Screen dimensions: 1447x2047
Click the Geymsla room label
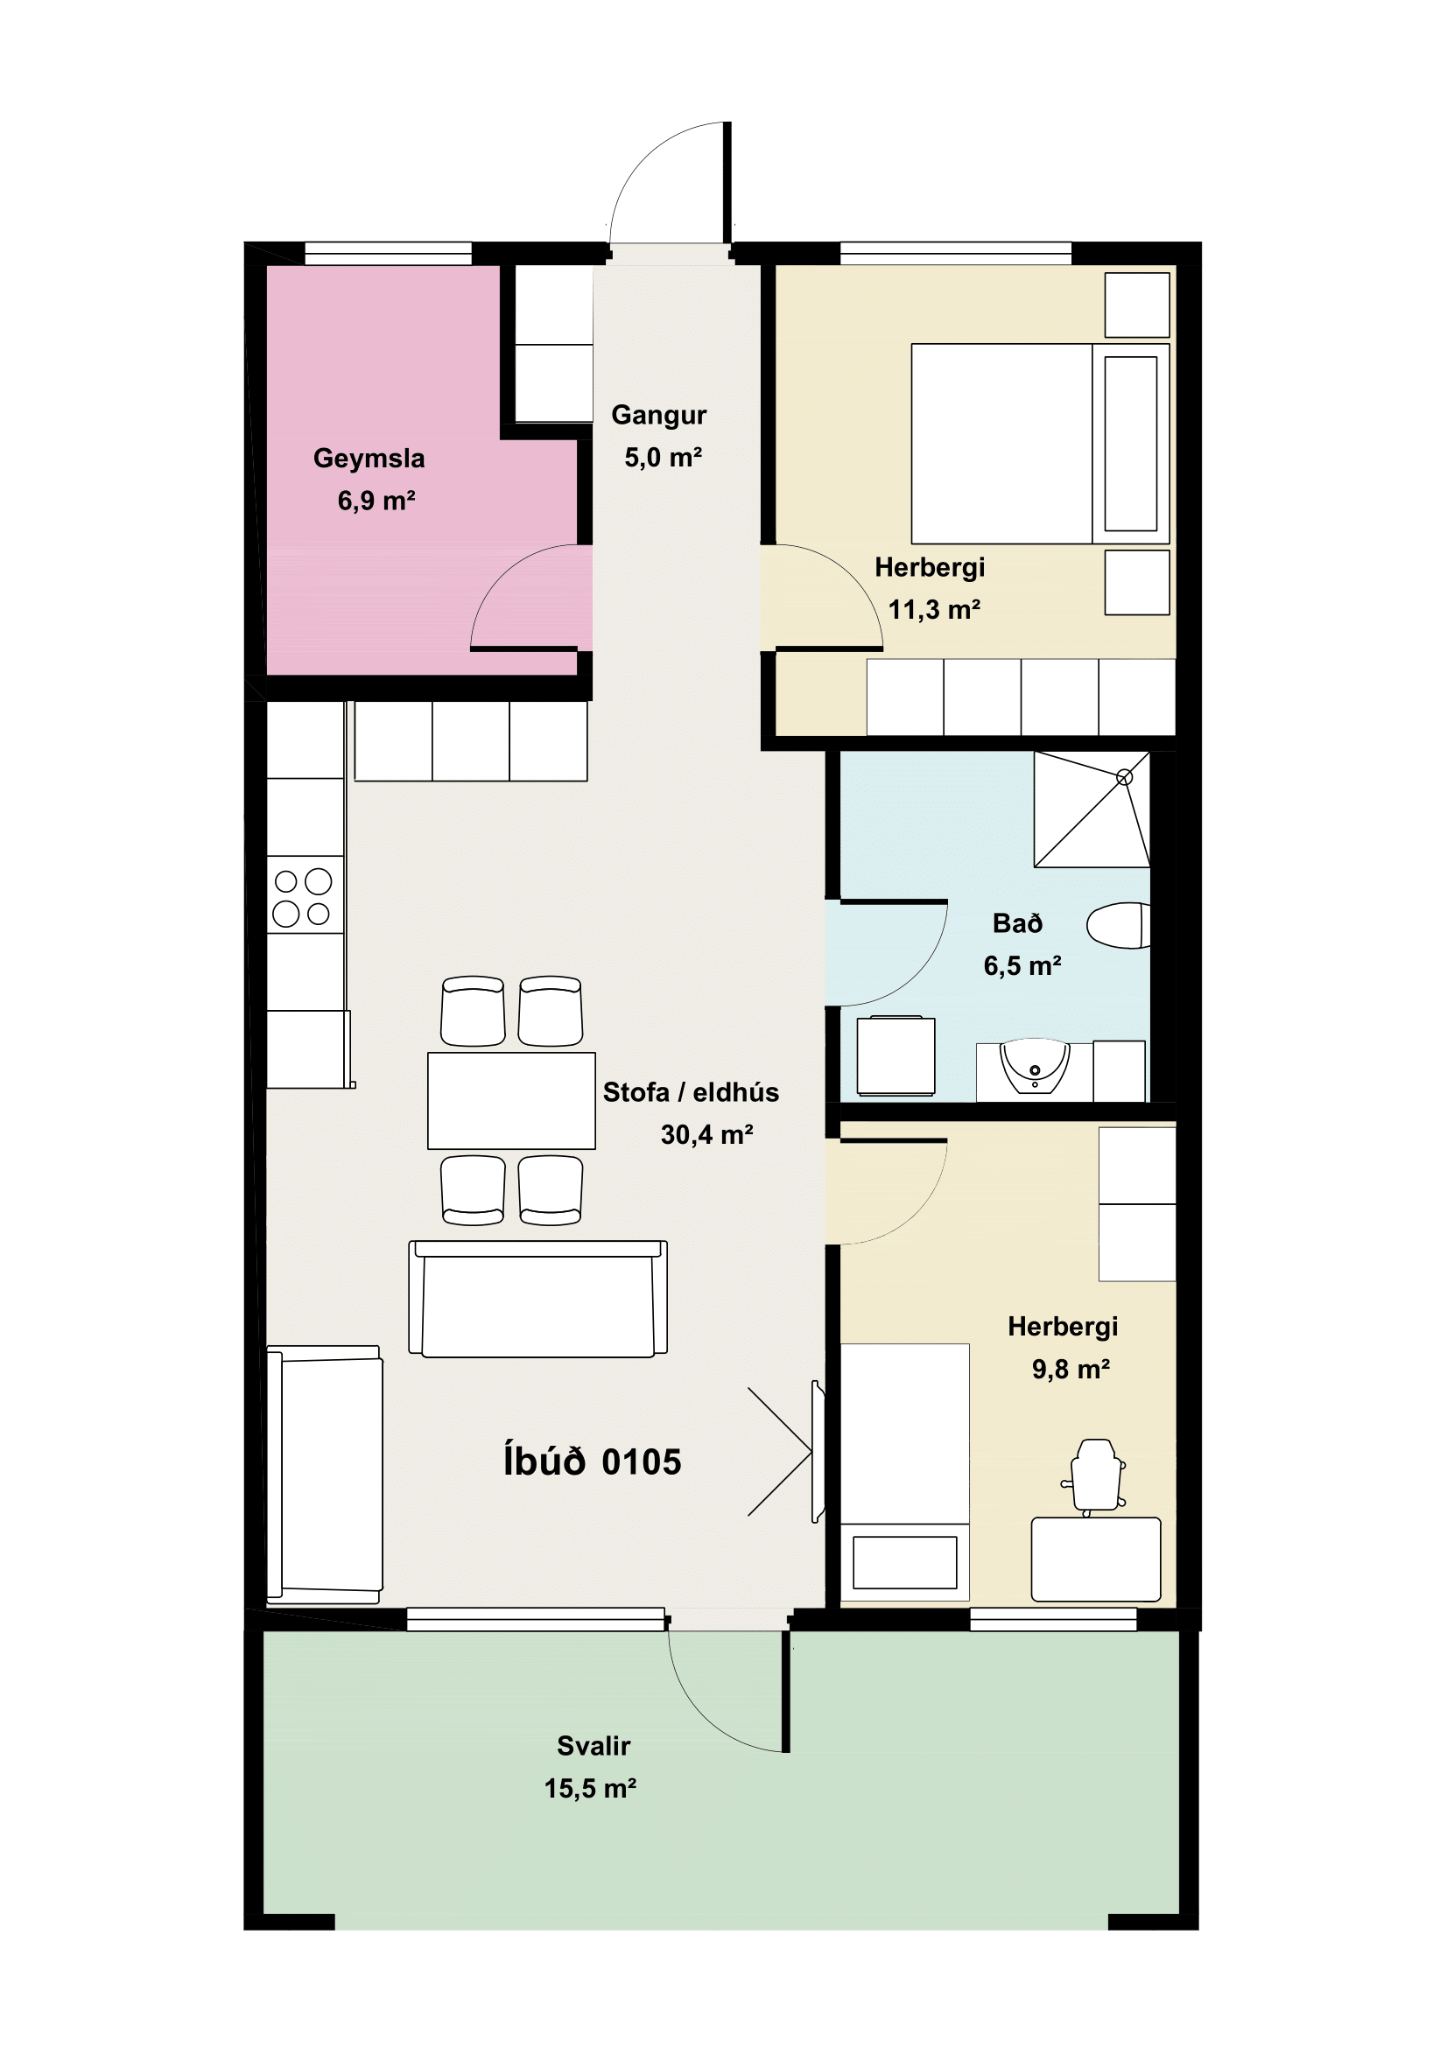click(369, 459)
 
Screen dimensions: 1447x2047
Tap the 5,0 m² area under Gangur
click(663, 458)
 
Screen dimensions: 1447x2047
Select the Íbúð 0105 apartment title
click(592, 1463)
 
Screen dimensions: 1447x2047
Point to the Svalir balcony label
click(593, 1746)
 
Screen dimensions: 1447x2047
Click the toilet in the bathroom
click(1118, 925)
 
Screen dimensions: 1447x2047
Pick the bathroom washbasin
click(1034, 1066)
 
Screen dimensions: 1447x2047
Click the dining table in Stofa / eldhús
click(511, 1100)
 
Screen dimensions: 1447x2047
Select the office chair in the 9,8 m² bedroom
click(1095, 1476)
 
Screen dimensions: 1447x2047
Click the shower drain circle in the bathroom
click(1124, 777)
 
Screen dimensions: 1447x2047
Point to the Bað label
click(1017, 923)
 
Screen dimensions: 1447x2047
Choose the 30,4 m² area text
click(706, 1135)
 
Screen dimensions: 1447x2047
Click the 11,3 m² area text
click(933, 610)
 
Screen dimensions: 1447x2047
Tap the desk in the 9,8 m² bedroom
click(1096, 1560)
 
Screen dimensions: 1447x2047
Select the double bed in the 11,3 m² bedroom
click(1040, 444)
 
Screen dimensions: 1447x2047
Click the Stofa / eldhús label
click(690, 1092)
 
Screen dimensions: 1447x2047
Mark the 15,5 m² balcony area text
click(590, 1789)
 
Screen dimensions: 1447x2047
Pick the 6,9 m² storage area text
click(376, 501)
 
